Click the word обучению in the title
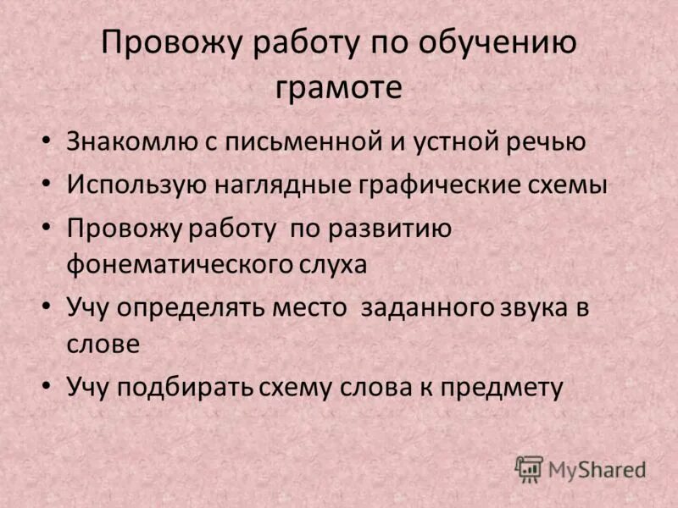tap(501, 45)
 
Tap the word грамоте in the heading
tap(339, 87)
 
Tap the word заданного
tap(427, 306)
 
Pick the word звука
tap(537, 306)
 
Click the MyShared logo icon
tap(529, 468)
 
